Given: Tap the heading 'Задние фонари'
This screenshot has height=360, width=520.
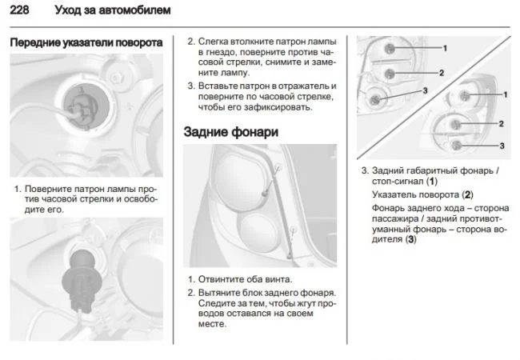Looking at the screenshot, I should [232, 132].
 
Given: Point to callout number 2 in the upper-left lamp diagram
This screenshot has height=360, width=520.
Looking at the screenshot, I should [441, 73].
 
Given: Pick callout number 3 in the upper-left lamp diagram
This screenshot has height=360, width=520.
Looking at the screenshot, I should [426, 90].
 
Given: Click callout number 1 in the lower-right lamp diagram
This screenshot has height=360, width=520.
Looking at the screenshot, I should [505, 95].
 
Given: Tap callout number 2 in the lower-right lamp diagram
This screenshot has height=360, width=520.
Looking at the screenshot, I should [501, 124].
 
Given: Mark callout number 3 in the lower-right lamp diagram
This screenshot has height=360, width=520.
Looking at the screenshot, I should [502, 146].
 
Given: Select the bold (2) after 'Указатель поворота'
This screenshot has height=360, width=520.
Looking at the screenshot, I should [468, 194].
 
